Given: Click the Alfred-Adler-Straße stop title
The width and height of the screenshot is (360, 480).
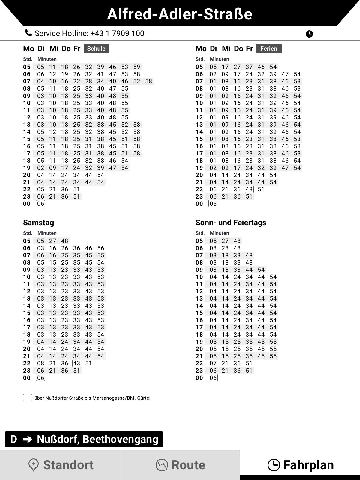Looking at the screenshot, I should (x=180, y=14).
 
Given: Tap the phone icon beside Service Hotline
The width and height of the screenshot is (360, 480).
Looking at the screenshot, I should (x=28, y=33).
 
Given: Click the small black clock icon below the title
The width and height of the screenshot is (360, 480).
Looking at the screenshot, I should (x=309, y=34).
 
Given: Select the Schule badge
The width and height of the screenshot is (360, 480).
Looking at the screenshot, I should (x=96, y=49).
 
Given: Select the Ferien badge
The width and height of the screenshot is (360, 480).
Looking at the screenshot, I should (x=269, y=49).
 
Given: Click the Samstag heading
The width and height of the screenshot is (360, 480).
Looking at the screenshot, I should (x=39, y=223).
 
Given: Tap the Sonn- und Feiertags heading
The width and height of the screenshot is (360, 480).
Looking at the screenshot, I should (x=231, y=223).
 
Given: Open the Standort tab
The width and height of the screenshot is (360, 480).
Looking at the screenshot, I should (x=60, y=465).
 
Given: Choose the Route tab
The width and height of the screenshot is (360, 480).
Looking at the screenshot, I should (x=180, y=465).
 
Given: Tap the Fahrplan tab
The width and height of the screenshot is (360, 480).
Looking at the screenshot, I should (x=300, y=465).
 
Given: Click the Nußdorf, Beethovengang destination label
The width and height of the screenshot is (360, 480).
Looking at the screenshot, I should (x=97, y=439).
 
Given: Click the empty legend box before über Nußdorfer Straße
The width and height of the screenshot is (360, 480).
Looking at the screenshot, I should (x=28, y=398).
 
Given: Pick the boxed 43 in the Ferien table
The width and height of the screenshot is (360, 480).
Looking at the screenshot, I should (x=249, y=189).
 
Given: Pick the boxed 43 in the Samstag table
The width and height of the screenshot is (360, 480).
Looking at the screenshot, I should (x=77, y=363).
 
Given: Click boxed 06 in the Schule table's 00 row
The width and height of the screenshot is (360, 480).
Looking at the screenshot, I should (x=40, y=204).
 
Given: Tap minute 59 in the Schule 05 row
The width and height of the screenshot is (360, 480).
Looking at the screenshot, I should (x=137, y=67).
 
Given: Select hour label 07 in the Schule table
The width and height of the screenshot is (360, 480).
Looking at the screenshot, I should (x=27, y=81).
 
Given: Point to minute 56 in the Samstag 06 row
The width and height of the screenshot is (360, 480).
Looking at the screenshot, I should (x=101, y=248).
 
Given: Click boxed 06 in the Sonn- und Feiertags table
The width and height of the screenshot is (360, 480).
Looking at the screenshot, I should (x=213, y=378).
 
